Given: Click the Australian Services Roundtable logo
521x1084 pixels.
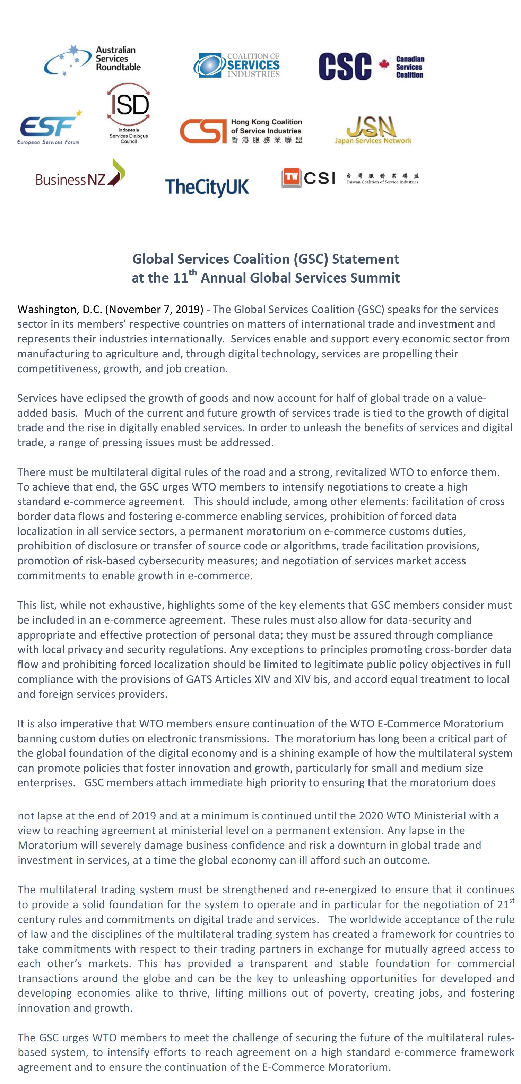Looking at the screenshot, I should pyautogui.click(x=93, y=60).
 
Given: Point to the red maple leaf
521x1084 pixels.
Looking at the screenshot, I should pyautogui.click(x=384, y=64).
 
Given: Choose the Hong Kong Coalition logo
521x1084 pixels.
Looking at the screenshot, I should pyautogui.click(x=241, y=131).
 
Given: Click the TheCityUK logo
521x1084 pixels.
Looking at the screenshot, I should pyautogui.click(x=207, y=187).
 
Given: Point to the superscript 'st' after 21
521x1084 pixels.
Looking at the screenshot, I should pyautogui.click(x=512, y=900).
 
